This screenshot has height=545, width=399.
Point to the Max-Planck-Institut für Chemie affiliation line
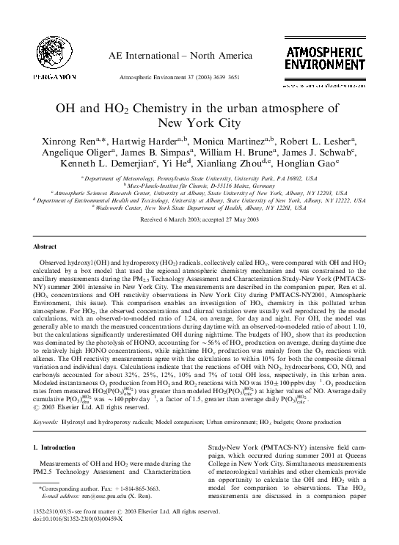tap(199, 187)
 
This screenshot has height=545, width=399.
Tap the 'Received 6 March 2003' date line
tap(199, 220)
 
